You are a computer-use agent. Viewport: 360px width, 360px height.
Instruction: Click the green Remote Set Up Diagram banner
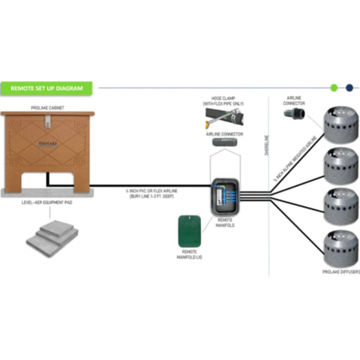47,88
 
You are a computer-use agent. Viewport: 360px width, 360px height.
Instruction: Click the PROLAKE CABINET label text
46,106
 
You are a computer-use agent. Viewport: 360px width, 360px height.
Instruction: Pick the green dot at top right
334,88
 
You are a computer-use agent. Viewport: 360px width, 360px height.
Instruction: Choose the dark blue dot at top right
348,88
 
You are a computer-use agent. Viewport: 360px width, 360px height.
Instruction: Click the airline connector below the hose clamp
222,142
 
